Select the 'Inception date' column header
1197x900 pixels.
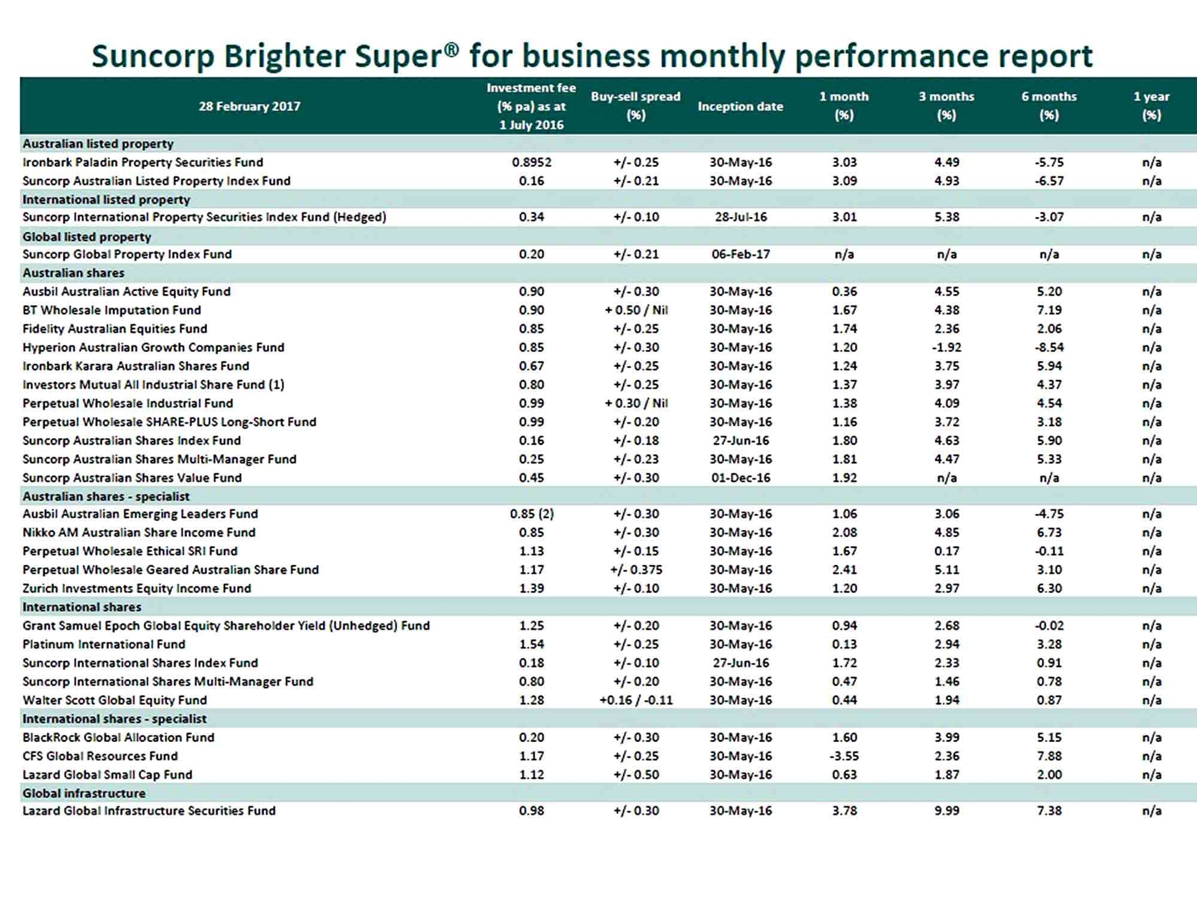[740, 106]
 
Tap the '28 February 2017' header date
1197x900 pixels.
[250, 106]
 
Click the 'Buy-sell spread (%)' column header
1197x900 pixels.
[635, 105]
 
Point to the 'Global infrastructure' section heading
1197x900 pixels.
[84, 793]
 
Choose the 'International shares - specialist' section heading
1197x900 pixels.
[114, 719]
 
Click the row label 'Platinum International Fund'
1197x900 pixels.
[104, 644]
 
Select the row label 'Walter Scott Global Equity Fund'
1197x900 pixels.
[115, 700]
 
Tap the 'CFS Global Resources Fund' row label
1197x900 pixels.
[100, 756]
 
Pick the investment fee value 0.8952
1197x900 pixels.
[532, 162]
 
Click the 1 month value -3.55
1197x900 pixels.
[844, 756]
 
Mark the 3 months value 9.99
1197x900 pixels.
[947, 811]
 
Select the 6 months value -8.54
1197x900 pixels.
[1049, 347]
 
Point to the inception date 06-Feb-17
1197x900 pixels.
[741, 254]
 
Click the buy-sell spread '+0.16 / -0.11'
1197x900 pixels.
[636, 700]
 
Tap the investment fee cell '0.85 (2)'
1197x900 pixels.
[532, 514]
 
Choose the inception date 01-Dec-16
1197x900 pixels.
[741, 478]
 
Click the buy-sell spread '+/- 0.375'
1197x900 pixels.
[636, 570]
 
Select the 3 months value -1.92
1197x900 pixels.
[947, 347]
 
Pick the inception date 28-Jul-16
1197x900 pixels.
[741, 217]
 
